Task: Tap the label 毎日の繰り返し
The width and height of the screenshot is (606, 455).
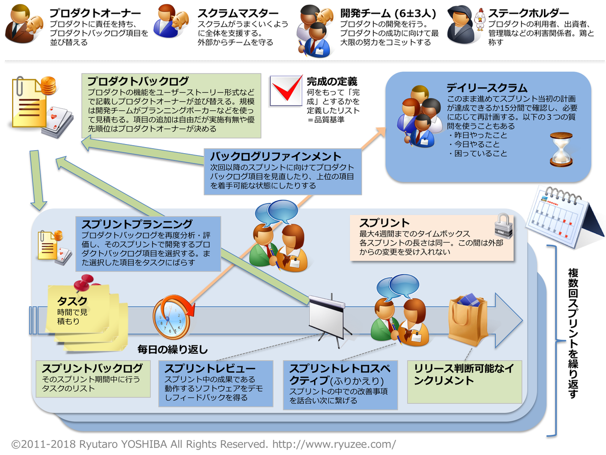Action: coord(173,349)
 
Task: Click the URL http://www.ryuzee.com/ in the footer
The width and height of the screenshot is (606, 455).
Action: coord(334,444)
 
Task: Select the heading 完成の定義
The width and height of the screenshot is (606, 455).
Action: coord(332,81)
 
